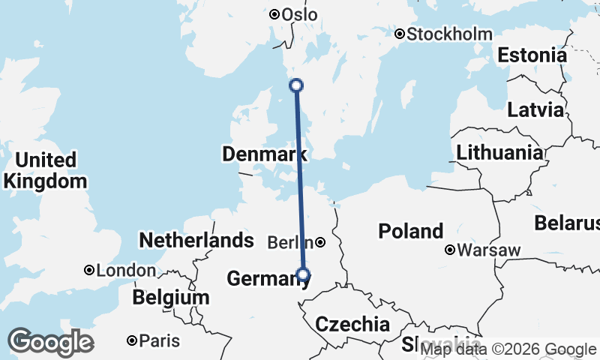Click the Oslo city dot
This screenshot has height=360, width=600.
(x=274, y=14)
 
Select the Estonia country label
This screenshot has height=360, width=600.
(x=532, y=55)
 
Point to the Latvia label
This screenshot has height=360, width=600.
(x=535, y=109)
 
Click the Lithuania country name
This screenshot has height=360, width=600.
(x=499, y=152)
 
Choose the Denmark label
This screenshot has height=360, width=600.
(x=264, y=154)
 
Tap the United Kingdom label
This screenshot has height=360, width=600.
(x=45, y=170)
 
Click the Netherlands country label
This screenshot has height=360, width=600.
(x=196, y=240)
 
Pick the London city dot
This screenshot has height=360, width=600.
(x=89, y=270)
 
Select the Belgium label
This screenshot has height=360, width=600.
(x=170, y=297)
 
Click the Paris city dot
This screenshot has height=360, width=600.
(x=132, y=340)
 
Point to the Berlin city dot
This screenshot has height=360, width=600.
(x=320, y=242)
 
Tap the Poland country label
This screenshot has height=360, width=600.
(x=410, y=231)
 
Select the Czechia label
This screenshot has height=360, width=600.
(x=352, y=324)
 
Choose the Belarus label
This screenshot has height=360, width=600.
(x=567, y=223)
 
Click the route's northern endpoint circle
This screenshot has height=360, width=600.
(x=296, y=85)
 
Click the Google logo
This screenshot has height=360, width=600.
(x=50, y=342)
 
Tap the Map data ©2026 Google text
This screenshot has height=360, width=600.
(x=508, y=349)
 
